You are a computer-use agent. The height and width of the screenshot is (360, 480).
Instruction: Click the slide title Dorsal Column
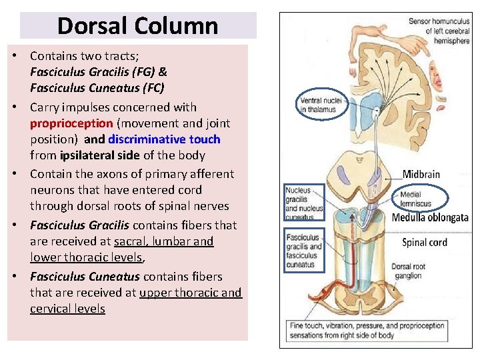pos(137,26)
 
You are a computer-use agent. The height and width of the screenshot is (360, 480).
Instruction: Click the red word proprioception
pos(71,123)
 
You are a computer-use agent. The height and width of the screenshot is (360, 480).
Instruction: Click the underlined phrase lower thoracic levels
pos(85,257)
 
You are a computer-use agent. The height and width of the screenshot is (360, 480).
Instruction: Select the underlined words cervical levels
pos(67,309)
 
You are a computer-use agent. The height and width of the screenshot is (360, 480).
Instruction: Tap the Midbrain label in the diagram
pos(421,175)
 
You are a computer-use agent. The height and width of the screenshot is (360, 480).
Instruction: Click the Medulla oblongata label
pos(430,217)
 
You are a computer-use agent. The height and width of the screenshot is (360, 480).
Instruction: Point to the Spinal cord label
pos(425,242)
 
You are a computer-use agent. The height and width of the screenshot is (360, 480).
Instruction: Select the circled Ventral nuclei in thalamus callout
pos(321,105)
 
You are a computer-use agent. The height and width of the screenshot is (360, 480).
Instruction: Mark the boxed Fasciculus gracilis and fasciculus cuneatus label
pos(304,250)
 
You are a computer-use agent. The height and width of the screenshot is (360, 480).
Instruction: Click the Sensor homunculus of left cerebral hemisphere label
pos(439,31)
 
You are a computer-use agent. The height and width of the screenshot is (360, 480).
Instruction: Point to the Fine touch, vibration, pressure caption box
pos(367,331)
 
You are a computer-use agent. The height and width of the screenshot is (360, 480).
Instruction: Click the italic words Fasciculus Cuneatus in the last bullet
pos(85,277)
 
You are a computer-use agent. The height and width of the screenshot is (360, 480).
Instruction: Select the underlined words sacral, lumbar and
pos(163,241)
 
